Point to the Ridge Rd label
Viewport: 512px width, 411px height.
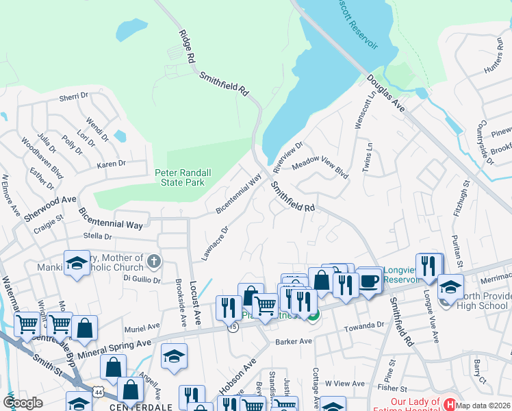click(x=185, y=47)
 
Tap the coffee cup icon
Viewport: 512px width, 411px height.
click(x=370, y=281)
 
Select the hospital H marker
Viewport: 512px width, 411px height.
click(x=450, y=404)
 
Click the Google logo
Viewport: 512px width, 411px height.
click(x=23, y=403)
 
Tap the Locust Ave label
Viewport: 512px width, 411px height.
click(x=194, y=299)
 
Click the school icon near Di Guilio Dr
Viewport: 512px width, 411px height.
click(x=77, y=263)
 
